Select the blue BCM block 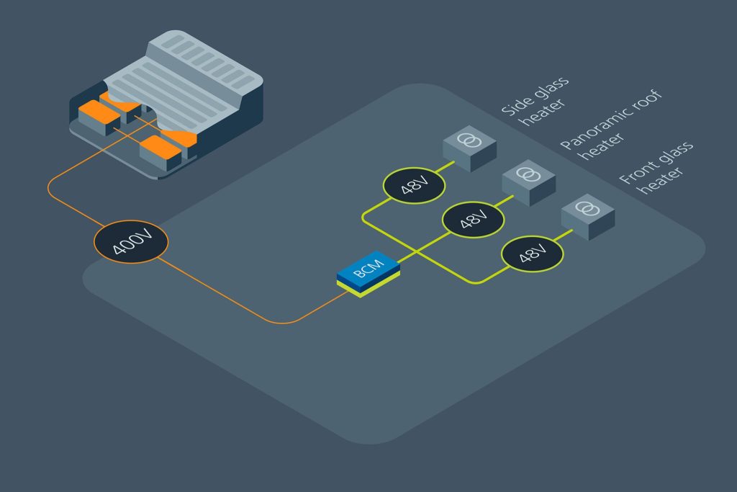368,272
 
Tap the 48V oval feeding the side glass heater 414,187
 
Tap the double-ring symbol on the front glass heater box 588,209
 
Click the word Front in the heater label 633,171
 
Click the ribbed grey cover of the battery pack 180,79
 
